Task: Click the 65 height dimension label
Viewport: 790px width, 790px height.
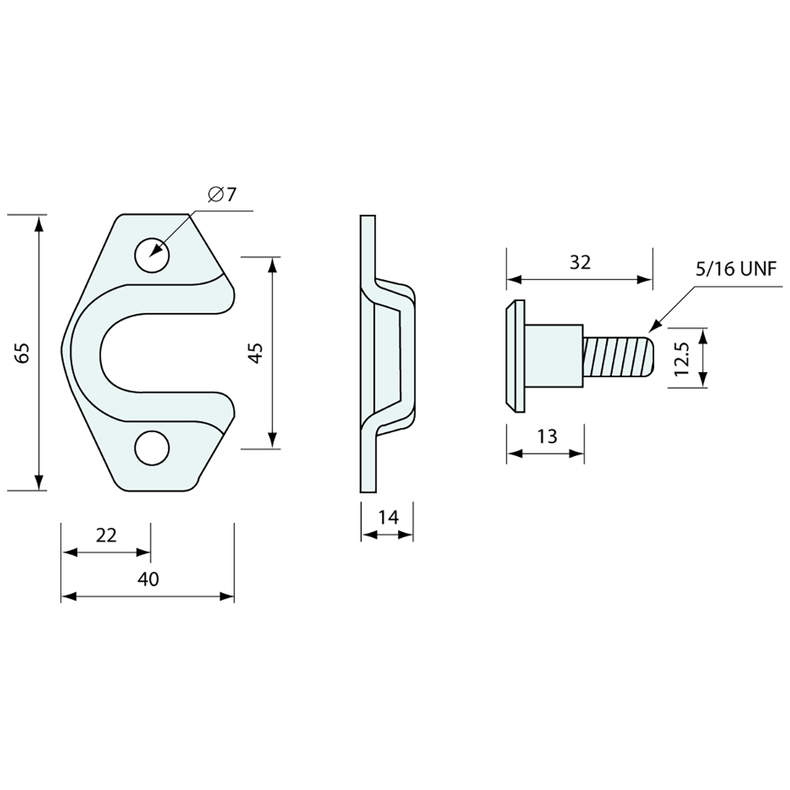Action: pyautogui.click(x=23, y=353)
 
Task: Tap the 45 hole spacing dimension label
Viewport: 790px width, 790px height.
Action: pyautogui.click(x=256, y=353)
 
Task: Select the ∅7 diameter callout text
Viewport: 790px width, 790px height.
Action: pyautogui.click(x=222, y=194)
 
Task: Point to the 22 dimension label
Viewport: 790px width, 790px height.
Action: pyautogui.click(x=106, y=535)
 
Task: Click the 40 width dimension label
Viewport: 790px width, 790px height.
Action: pyautogui.click(x=148, y=579)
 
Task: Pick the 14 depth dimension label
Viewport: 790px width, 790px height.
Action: pyautogui.click(x=389, y=517)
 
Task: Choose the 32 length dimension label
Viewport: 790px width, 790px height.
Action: pyautogui.click(x=580, y=262)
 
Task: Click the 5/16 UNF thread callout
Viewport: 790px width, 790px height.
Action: pyautogui.click(x=736, y=269)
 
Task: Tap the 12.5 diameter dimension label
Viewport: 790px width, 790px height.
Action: pyautogui.click(x=682, y=358)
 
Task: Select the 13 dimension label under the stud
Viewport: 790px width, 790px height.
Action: pyautogui.click(x=547, y=437)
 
